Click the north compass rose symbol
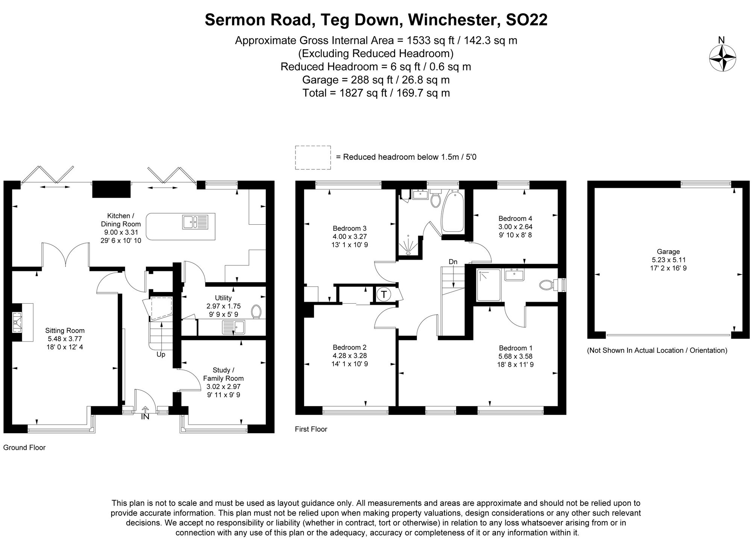tap(722, 58)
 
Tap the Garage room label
tap(668, 252)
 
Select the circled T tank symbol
tap(384, 295)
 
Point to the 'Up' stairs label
tap(161, 354)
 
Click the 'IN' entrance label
tap(145, 416)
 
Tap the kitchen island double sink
tap(195, 222)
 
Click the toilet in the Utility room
tap(257, 311)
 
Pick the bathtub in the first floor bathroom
tap(454, 212)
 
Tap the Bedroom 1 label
tap(515, 348)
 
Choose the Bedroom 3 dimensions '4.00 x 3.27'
tap(349, 237)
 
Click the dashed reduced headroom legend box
tap(313, 157)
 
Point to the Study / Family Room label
tap(223, 374)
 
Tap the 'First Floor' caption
tap(311, 429)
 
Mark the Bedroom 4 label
tap(515, 218)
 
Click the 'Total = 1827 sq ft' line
tap(376, 93)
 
